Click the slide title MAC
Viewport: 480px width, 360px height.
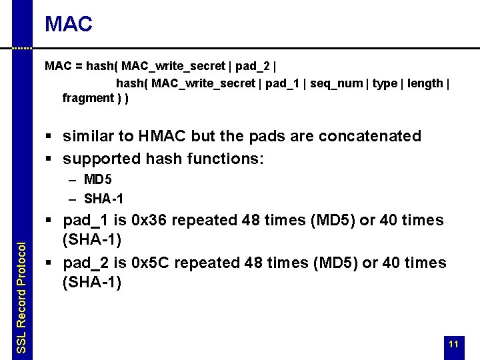click(x=69, y=25)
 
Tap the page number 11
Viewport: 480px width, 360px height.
click(x=453, y=344)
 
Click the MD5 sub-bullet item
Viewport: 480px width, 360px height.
click(x=99, y=180)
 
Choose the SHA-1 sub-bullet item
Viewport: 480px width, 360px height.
click(x=104, y=199)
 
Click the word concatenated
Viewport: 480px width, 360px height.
click(x=370, y=136)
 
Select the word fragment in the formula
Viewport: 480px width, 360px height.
click(x=88, y=98)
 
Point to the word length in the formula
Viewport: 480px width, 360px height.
click(x=425, y=83)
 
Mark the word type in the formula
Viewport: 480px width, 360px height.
click(x=385, y=83)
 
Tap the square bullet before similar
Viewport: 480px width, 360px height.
click(x=49, y=137)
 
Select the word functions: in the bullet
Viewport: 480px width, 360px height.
click(x=231, y=159)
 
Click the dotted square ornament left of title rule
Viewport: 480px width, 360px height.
click(x=22, y=48)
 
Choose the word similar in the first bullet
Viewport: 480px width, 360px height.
click(x=87, y=136)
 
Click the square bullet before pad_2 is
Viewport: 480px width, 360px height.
click(x=49, y=263)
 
